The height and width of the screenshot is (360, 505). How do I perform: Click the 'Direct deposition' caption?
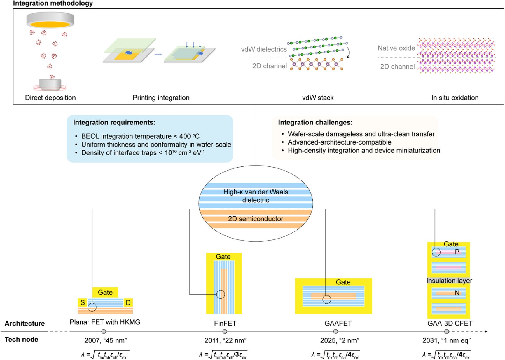[x=50, y=98]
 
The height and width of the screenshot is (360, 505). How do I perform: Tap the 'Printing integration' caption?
[x=161, y=98]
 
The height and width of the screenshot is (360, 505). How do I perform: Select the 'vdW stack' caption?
[x=318, y=98]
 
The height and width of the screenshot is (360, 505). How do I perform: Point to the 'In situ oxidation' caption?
[x=455, y=98]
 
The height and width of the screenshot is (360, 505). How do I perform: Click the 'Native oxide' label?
[x=396, y=48]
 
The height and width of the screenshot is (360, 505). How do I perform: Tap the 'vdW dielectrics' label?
[x=264, y=49]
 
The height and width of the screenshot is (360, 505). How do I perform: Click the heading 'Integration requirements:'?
[x=114, y=122]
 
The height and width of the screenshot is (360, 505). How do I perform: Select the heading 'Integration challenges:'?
[x=315, y=122]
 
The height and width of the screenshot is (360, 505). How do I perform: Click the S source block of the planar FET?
[x=83, y=302]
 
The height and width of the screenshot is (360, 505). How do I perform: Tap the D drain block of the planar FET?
[x=128, y=302]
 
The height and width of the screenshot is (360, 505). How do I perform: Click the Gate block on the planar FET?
[x=105, y=292]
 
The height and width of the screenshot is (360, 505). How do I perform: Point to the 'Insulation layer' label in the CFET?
[x=449, y=281]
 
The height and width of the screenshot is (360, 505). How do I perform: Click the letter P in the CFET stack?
[x=457, y=252]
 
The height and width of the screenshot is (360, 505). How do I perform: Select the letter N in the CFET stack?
[x=457, y=293]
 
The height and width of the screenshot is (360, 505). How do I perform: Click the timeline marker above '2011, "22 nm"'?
[x=225, y=331]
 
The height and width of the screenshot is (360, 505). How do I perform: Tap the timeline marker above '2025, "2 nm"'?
[x=336, y=331]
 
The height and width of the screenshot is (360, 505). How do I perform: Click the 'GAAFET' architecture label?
[x=338, y=323]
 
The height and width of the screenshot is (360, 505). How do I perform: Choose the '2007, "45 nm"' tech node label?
[x=106, y=340]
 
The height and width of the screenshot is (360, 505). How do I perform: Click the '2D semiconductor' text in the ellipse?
[x=256, y=219]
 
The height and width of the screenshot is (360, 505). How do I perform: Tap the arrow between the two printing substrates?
[x=158, y=54]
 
